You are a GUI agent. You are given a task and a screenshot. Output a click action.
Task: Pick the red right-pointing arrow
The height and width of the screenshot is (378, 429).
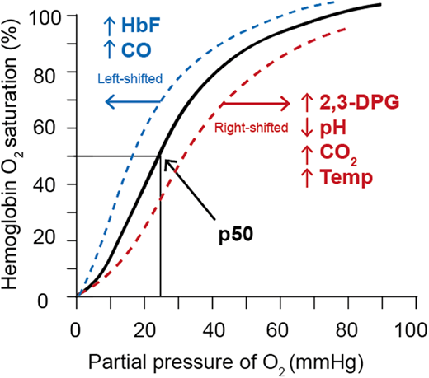click(x=256, y=104)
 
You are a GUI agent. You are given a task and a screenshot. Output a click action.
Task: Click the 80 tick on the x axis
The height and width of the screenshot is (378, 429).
click(x=345, y=316)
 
